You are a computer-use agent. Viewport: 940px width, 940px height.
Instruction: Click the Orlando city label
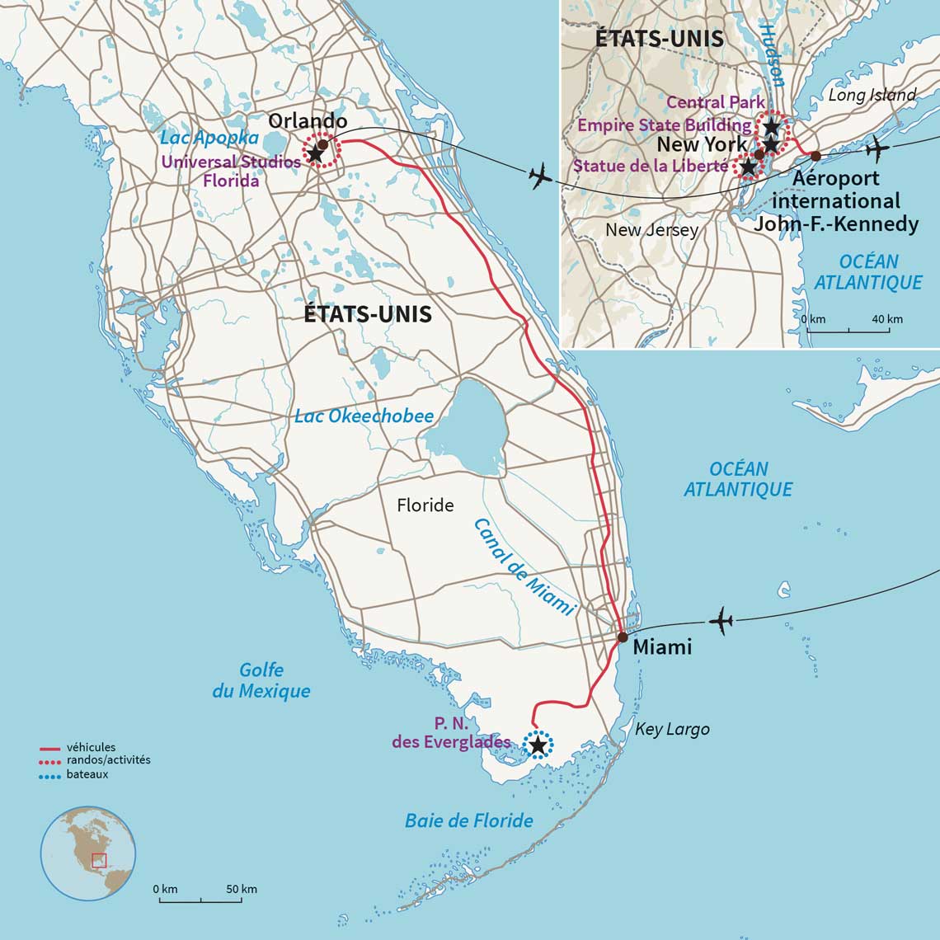point(308,120)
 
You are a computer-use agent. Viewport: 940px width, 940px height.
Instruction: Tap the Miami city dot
point(623,637)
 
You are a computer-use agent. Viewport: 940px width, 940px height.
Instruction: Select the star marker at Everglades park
point(538,746)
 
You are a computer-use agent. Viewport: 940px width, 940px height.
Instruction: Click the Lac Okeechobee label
point(364,416)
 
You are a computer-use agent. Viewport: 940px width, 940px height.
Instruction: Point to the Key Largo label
point(672,730)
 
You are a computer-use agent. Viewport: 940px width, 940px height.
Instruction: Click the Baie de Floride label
point(468,820)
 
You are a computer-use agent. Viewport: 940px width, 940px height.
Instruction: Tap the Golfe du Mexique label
point(261,681)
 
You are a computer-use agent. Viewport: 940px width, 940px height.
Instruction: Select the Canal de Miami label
point(524,567)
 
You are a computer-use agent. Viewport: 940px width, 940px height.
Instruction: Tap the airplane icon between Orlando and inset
point(540,176)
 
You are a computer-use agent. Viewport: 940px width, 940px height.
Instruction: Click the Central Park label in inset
point(715,102)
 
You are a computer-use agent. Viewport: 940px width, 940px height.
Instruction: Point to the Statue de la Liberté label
point(651,166)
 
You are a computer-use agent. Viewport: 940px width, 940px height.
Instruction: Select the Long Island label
point(872,95)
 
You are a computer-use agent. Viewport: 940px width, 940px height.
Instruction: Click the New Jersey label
point(651,230)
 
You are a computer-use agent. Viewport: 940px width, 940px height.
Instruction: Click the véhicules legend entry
point(91,747)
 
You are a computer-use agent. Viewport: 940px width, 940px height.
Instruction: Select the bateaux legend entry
point(88,774)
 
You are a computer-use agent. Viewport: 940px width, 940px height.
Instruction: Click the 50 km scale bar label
point(241,889)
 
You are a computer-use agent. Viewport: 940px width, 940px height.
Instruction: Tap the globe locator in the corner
point(88,853)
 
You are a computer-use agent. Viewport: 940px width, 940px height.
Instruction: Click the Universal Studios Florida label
point(231,171)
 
